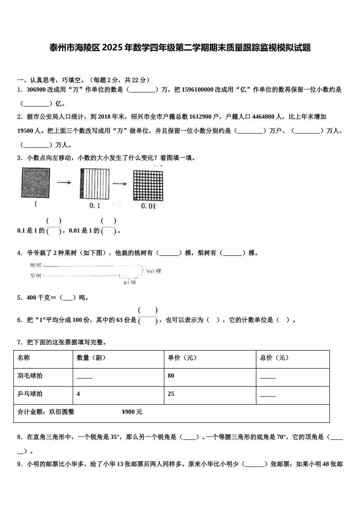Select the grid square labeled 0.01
coord(148,186)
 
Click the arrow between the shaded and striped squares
coord(64,183)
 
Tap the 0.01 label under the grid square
coord(148,206)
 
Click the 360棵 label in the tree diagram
coord(153,271)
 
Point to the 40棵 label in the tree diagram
coord(130,283)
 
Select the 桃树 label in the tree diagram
coord(36,265)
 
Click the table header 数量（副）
coord(91,358)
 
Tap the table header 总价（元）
coord(274,358)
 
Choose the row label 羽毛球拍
coord(30,376)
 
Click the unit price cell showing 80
coord(171,376)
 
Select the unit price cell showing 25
coord(171,394)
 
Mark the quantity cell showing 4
coord(78,394)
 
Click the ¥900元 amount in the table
coord(132,412)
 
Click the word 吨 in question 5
coord(82,298)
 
